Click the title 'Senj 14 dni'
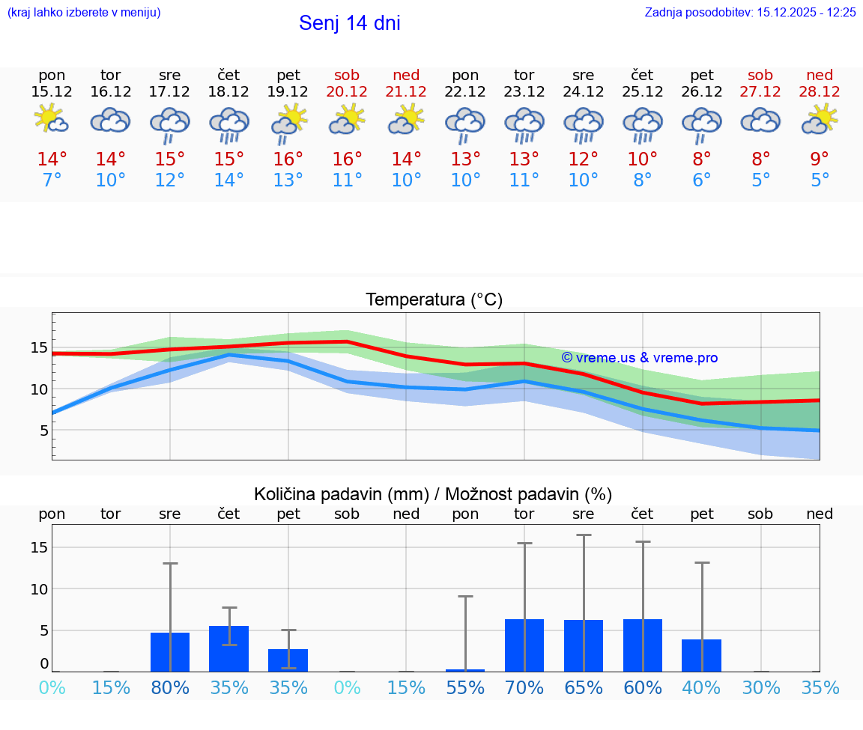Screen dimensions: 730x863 pos(349,23)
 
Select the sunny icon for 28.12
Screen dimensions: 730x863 pos(820,120)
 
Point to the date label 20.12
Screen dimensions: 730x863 pos(347,91)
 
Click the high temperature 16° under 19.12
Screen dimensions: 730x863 pos(288,159)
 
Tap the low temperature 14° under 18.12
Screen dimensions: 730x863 pos(228,180)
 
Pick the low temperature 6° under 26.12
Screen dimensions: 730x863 pos(701,180)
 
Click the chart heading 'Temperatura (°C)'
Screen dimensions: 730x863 pos(434,300)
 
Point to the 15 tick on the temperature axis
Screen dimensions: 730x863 pos(39,347)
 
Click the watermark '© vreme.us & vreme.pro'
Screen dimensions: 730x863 pos(639,358)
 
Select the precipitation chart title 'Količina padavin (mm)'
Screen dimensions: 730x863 pos(341,494)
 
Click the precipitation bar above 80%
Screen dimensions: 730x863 pos(170,652)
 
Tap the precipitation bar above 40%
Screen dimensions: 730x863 pos(701,655)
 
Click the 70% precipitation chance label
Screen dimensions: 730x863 pos(524,688)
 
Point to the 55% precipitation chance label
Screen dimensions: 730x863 pos(465,688)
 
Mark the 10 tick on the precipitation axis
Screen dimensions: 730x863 pos(39,589)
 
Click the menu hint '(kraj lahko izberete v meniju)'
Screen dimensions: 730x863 pos(84,12)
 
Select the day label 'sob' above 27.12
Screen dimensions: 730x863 pos(760,75)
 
